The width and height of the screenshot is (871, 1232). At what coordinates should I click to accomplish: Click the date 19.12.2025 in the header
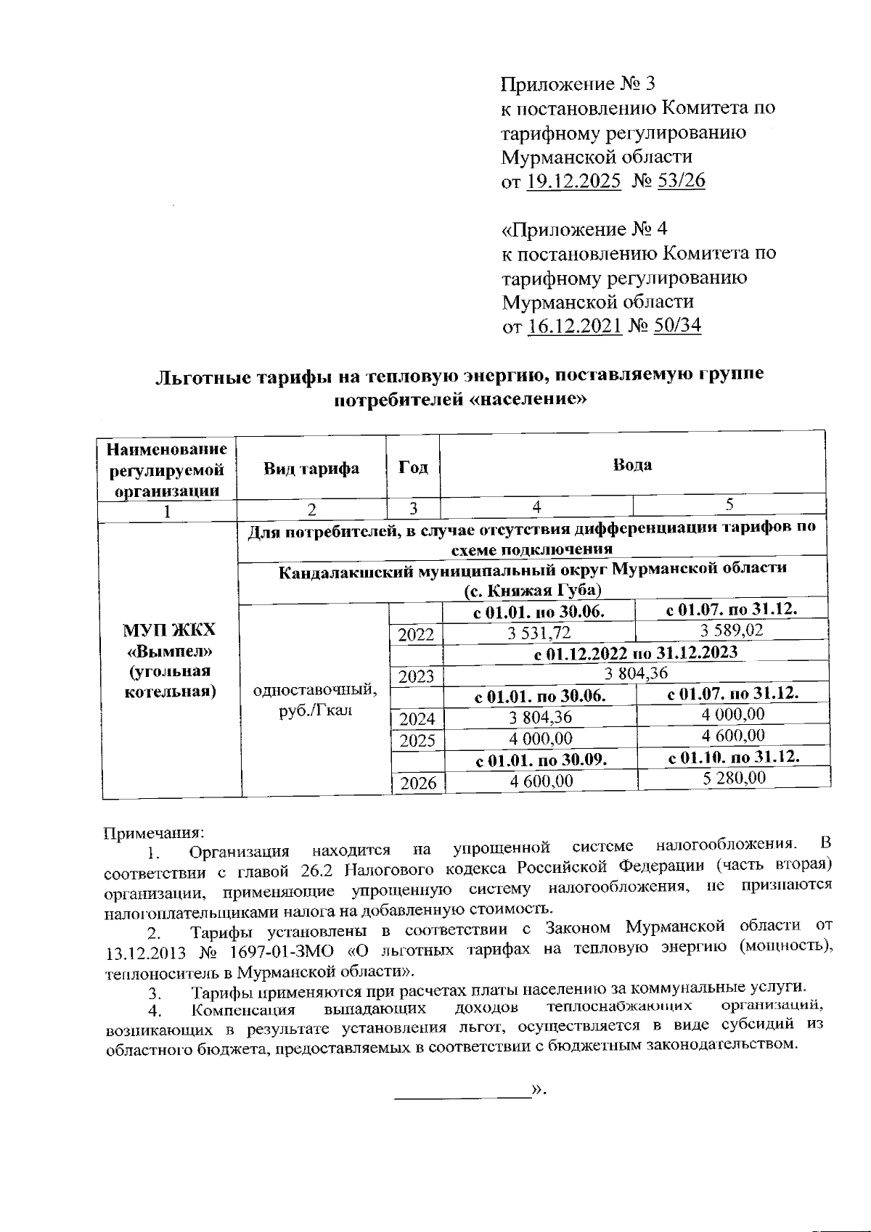[573, 181]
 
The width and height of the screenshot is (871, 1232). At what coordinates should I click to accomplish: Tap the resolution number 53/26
[680, 181]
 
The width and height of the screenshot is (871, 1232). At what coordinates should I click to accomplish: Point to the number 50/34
[677, 326]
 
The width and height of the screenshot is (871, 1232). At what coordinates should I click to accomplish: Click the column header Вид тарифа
[311, 468]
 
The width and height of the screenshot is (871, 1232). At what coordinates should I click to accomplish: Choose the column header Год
[413, 468]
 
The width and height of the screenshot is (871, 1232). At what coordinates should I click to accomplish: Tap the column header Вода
[632, 465]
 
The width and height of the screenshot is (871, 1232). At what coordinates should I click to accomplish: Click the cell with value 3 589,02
[732, 630]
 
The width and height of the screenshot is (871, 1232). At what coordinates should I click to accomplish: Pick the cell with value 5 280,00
[733, 778]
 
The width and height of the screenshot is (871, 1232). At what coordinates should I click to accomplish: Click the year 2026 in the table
[417, 783]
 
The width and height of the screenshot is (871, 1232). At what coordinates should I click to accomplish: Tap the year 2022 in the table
[416, 635]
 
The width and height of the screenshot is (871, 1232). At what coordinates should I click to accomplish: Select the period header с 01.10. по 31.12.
[733, 757]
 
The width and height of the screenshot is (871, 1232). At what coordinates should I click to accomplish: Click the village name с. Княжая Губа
[533, 589]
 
